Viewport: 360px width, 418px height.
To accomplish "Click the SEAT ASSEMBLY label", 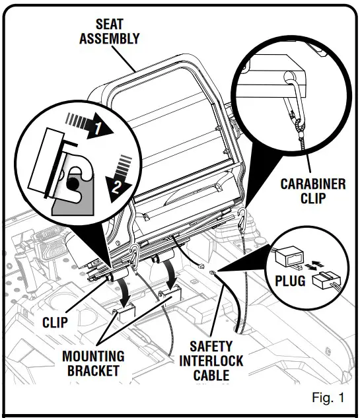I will [110, 31].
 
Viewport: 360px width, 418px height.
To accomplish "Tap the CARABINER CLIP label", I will [312, 191].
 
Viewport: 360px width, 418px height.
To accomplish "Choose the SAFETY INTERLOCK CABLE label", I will [211, 361].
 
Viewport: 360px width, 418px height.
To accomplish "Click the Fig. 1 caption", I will [328, 398].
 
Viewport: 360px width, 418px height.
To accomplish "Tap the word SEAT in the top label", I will [110, 24].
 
